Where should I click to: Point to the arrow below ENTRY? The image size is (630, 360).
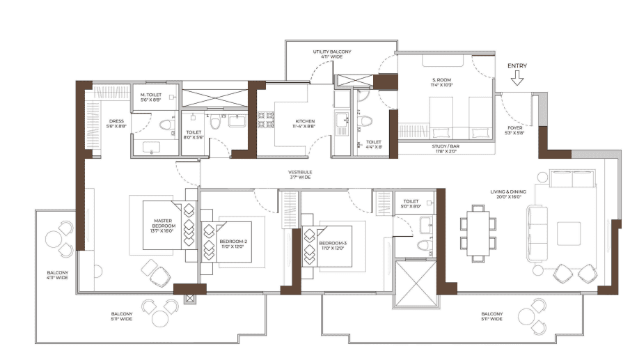tap(517, 79)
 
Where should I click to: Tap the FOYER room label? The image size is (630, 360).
tap(516, 130)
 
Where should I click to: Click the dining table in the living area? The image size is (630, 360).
tap(478, 233)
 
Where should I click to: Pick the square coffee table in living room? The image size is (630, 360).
tap(568, 233)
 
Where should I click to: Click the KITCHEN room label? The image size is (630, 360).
tap(304, 123)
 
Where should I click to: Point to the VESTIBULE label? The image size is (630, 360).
tap(300, 175)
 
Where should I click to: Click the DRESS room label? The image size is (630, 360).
tap(116, 123)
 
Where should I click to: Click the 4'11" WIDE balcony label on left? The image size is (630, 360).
tap(57, 276)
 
